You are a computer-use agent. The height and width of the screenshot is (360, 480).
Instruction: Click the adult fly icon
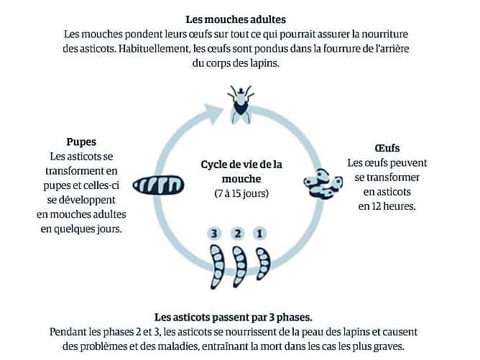(x=241, y=104)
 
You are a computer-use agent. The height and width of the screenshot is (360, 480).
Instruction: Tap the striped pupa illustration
(x=158, y=185)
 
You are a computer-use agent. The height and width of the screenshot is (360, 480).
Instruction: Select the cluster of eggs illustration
(x=323, y=184)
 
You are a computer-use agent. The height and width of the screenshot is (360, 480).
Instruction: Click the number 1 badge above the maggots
(x=259, y=234)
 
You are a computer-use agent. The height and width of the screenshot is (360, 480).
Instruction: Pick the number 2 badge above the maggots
(x=238, y=234)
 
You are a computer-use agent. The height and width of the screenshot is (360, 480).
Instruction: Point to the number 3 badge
(x=214, y=234)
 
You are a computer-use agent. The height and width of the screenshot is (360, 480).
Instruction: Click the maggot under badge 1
(x=263, y=264)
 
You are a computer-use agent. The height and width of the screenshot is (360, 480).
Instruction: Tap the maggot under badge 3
(x=217, y=267)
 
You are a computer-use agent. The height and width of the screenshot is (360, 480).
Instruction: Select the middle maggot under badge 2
(x=239, y=267)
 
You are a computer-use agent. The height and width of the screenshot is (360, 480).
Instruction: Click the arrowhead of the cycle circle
(x=214, y=114)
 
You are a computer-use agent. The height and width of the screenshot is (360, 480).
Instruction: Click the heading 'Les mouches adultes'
(x=236, y=19)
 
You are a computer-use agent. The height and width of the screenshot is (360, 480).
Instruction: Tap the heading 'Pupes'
(x=81, y=142)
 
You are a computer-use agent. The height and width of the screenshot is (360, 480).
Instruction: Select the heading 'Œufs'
(x=387, y=148)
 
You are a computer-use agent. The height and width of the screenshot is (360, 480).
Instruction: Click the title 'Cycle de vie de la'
(x=241, y=165)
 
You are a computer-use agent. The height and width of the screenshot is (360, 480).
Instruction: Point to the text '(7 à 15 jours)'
(x=241, y=193)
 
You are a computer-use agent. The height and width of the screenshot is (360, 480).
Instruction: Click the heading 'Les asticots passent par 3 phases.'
(x=234, y=317)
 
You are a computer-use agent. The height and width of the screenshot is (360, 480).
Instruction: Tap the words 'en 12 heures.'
(x=387, y=206)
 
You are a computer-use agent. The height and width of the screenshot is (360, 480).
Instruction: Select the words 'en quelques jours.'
(x=81, y=229)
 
